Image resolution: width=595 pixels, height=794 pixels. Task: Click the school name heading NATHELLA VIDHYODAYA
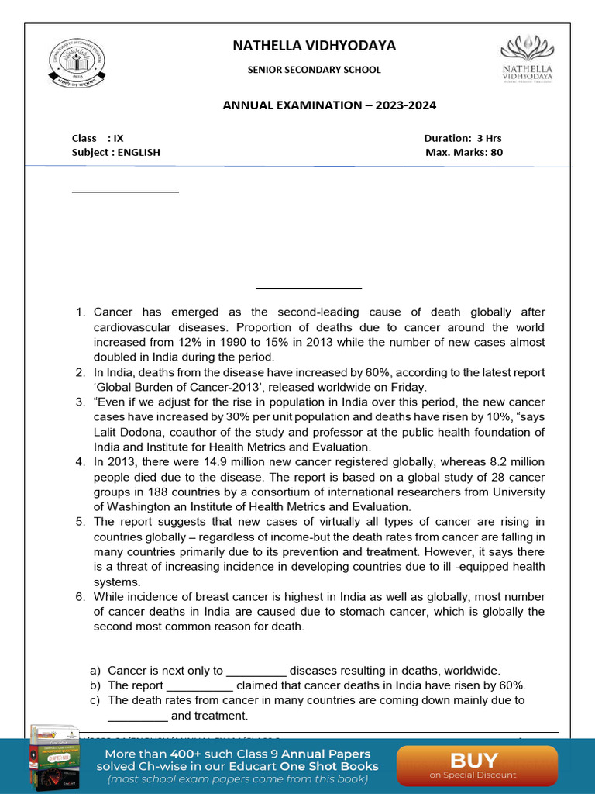(x=314, y=46)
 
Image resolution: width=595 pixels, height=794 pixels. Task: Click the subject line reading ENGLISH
(x=116, y=152)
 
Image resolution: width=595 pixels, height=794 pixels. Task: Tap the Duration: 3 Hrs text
(x=463, y=138)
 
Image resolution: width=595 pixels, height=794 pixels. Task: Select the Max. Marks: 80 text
(x=463, y=152)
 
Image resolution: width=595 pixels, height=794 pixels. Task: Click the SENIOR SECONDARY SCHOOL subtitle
(x=314, y=70)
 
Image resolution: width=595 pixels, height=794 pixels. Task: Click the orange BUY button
(x=476, y=765)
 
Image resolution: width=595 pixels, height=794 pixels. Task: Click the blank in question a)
(x=256, y=671)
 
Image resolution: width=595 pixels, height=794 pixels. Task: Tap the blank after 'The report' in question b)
(x=199, y=685)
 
